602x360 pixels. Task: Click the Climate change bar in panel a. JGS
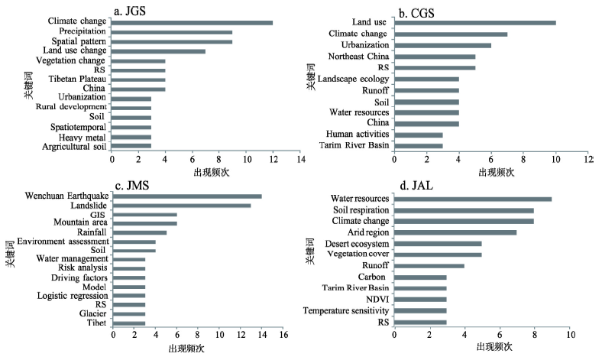[192, 22]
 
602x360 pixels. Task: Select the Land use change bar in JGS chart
[158, 51]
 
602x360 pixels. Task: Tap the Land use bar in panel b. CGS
[474, 23]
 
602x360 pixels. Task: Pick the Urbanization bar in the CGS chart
[442, 45]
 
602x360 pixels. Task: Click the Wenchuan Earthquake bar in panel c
[187, 196]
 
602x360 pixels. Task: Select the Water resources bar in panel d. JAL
[473, 199]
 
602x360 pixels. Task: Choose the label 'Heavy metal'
[86, 136]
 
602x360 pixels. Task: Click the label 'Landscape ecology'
[354, 79]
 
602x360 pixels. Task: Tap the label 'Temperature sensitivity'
[345, 310]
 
